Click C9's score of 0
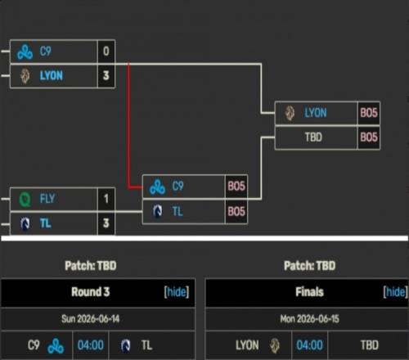tap(106, 51)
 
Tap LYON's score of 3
tap(106, 75)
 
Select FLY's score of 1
tap(106, 199)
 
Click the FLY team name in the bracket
tap(47, 199)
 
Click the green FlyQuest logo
tap(25, 199)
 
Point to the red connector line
tap(128, 125)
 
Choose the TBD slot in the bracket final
tap(313, 137)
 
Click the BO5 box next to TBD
tap(369, 137)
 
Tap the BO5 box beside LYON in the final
tap(369, 113)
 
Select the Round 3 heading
tap(91, 292)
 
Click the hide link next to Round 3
tap(177, 292)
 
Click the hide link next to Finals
tap(395, 292)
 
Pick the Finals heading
tap(309, 292)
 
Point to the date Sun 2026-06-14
tap(91, 319)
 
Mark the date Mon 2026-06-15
tap(309, 319)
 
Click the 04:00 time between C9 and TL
tap(91, 345)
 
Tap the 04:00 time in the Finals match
tap(309, 345)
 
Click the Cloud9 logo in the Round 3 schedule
tap(56, 346)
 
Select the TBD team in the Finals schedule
tap(370, 345)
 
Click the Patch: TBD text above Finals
tap(309, 266)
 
